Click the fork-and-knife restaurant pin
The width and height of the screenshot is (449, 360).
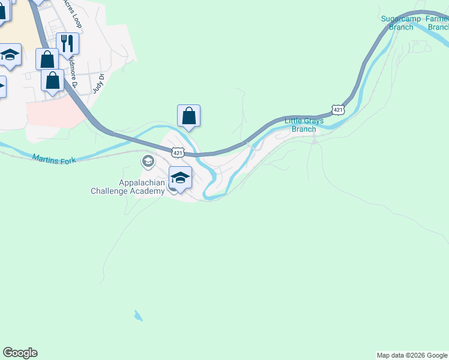pos(68,43)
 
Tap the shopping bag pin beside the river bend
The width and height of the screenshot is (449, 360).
pos(188,116)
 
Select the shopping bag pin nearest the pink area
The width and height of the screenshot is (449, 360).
pos(53,80)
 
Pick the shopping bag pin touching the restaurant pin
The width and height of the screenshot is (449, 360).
pos(47,59)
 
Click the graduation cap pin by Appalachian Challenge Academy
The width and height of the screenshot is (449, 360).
pos(180,178)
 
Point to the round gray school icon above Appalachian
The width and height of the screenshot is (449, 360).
pos(148,161)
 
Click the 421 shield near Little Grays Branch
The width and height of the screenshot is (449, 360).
pos(339,109)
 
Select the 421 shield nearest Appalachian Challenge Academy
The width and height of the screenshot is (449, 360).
pos(178,153)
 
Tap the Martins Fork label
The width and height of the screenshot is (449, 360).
pos(54,159)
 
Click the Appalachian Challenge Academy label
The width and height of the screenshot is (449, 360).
pos(127,187)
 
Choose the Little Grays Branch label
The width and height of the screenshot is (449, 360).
pos(304,125)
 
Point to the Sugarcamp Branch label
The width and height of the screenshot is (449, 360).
pos(397,23)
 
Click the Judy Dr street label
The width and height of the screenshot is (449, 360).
pos(98,83)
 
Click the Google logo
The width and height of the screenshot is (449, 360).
pos(20,353)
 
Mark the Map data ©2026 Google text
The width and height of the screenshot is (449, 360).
pos(412,355)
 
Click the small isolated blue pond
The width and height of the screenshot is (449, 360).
pos(139,316)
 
